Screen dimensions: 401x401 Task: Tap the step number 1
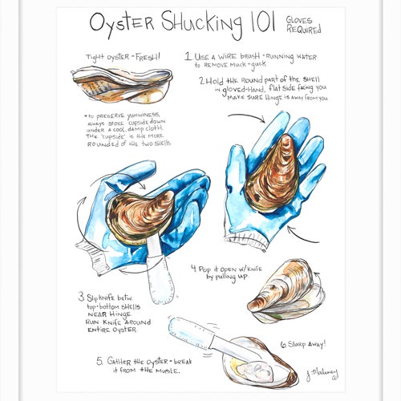[x=188, y=58]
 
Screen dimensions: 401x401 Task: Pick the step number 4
[x=194, y=269]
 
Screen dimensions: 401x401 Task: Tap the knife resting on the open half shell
[x=205, y=339]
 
